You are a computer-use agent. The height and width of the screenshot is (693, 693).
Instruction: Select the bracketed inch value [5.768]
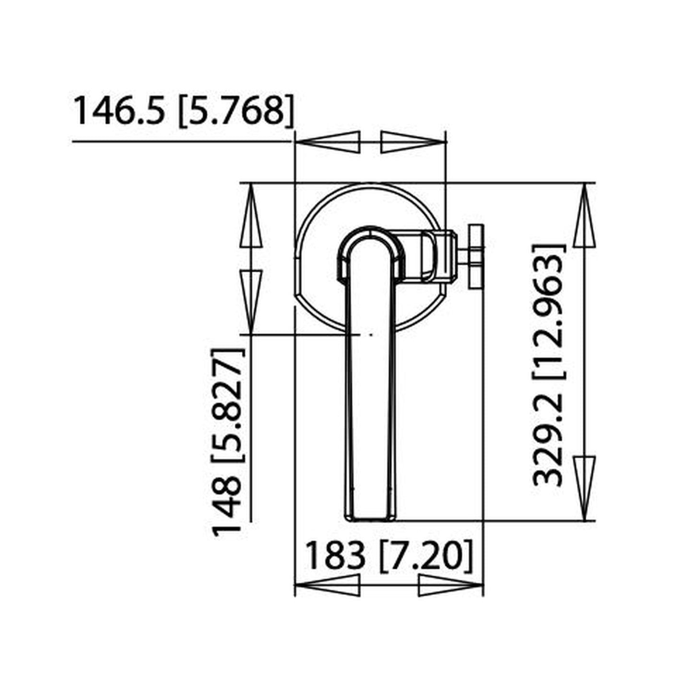coord(235,111)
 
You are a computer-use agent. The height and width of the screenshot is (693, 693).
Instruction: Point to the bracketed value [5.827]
coord(227,405)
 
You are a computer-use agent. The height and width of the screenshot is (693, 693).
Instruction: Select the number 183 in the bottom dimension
coord(334,556)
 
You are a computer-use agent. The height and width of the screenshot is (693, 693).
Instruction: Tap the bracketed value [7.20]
coord(426,556)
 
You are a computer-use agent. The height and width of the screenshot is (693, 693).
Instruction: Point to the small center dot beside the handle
coord(370,334)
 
